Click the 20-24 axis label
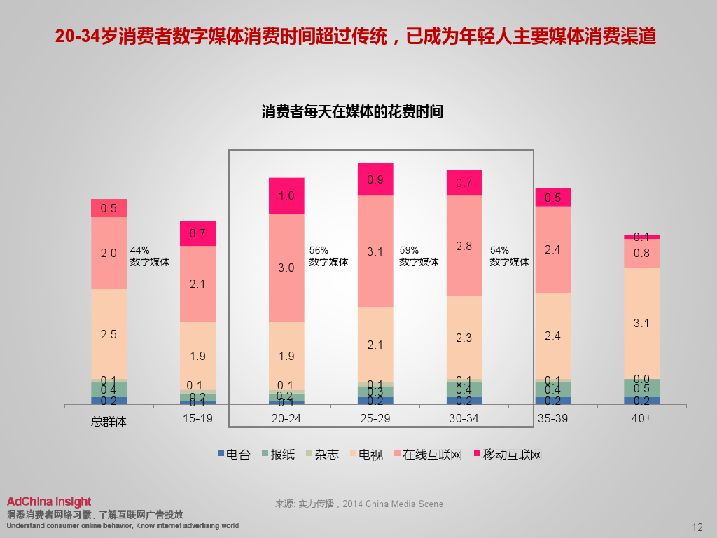[286, 419]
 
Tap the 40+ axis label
[641, 419]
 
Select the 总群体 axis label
[109, 422]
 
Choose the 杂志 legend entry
[321, 455]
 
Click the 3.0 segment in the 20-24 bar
[286, 267]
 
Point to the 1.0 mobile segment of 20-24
[286, 195]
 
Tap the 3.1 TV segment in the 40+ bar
[641, 323]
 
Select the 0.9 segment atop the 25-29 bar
[375, 179]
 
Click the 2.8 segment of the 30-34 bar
[464, 246]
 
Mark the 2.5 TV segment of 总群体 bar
[109, 334]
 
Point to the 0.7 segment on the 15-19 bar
[197, 233]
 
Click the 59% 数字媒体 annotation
[419, 256]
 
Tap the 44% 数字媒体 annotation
[149, 256]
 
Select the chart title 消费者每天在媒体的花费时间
[352, 112]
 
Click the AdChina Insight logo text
[49, 502]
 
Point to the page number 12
[697, 527]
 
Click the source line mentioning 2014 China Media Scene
[359, 504]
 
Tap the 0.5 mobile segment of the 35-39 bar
[553, 198]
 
